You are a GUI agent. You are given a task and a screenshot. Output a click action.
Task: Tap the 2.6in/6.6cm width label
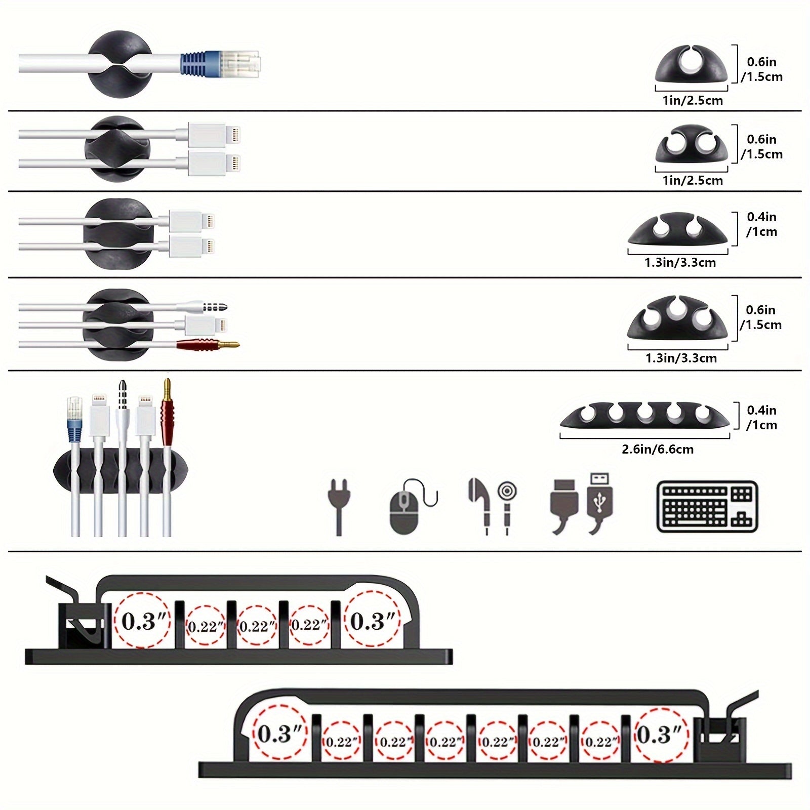pos(657,449)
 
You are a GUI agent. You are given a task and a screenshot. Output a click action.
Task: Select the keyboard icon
pos(707,506)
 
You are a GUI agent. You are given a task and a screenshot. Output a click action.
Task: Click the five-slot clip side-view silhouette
pos(644,416)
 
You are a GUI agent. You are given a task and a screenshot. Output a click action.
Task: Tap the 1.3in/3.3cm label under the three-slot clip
pos(680,358)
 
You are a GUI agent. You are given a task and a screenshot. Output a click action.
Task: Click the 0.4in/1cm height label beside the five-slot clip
pos(762,418)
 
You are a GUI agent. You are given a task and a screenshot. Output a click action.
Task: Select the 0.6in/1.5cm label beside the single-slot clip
pos(762,69)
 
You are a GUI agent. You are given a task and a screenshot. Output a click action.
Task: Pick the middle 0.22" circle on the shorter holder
pos(257,626)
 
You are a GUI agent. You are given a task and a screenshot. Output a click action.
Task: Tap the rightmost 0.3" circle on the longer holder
pos(661,735)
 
